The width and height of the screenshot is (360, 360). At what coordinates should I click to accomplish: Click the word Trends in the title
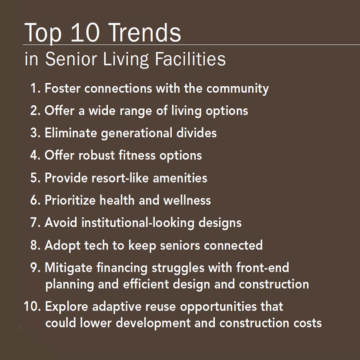tap(145, 33)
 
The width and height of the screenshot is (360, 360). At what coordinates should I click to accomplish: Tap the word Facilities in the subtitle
tap(190, 59)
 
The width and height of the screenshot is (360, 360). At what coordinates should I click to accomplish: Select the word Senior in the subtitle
tap(71, 59)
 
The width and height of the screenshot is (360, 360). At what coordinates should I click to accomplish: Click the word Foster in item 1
tap(63, 88)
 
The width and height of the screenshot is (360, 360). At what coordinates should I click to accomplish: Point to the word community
tap(237, 89)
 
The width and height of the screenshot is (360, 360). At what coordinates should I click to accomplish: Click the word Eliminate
tap(71, 133)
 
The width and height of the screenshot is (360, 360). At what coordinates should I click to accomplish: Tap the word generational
tap(137, 133)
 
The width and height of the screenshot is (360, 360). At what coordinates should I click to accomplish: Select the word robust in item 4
tap(97, 155)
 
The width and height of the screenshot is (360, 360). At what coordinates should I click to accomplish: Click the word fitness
tap(137, 155)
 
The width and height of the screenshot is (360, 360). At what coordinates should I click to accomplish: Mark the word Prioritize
tap(70, 201)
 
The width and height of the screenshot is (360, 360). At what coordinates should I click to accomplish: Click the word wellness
tap(187, 200)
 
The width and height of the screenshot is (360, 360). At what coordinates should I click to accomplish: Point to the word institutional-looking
tap(138, 223)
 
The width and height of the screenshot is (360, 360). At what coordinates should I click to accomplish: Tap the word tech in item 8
tap(96, 245)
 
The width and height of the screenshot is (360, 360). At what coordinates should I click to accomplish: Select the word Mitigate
tap(68, 268)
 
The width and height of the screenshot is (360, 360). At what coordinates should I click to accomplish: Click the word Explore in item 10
tap(67, 306)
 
